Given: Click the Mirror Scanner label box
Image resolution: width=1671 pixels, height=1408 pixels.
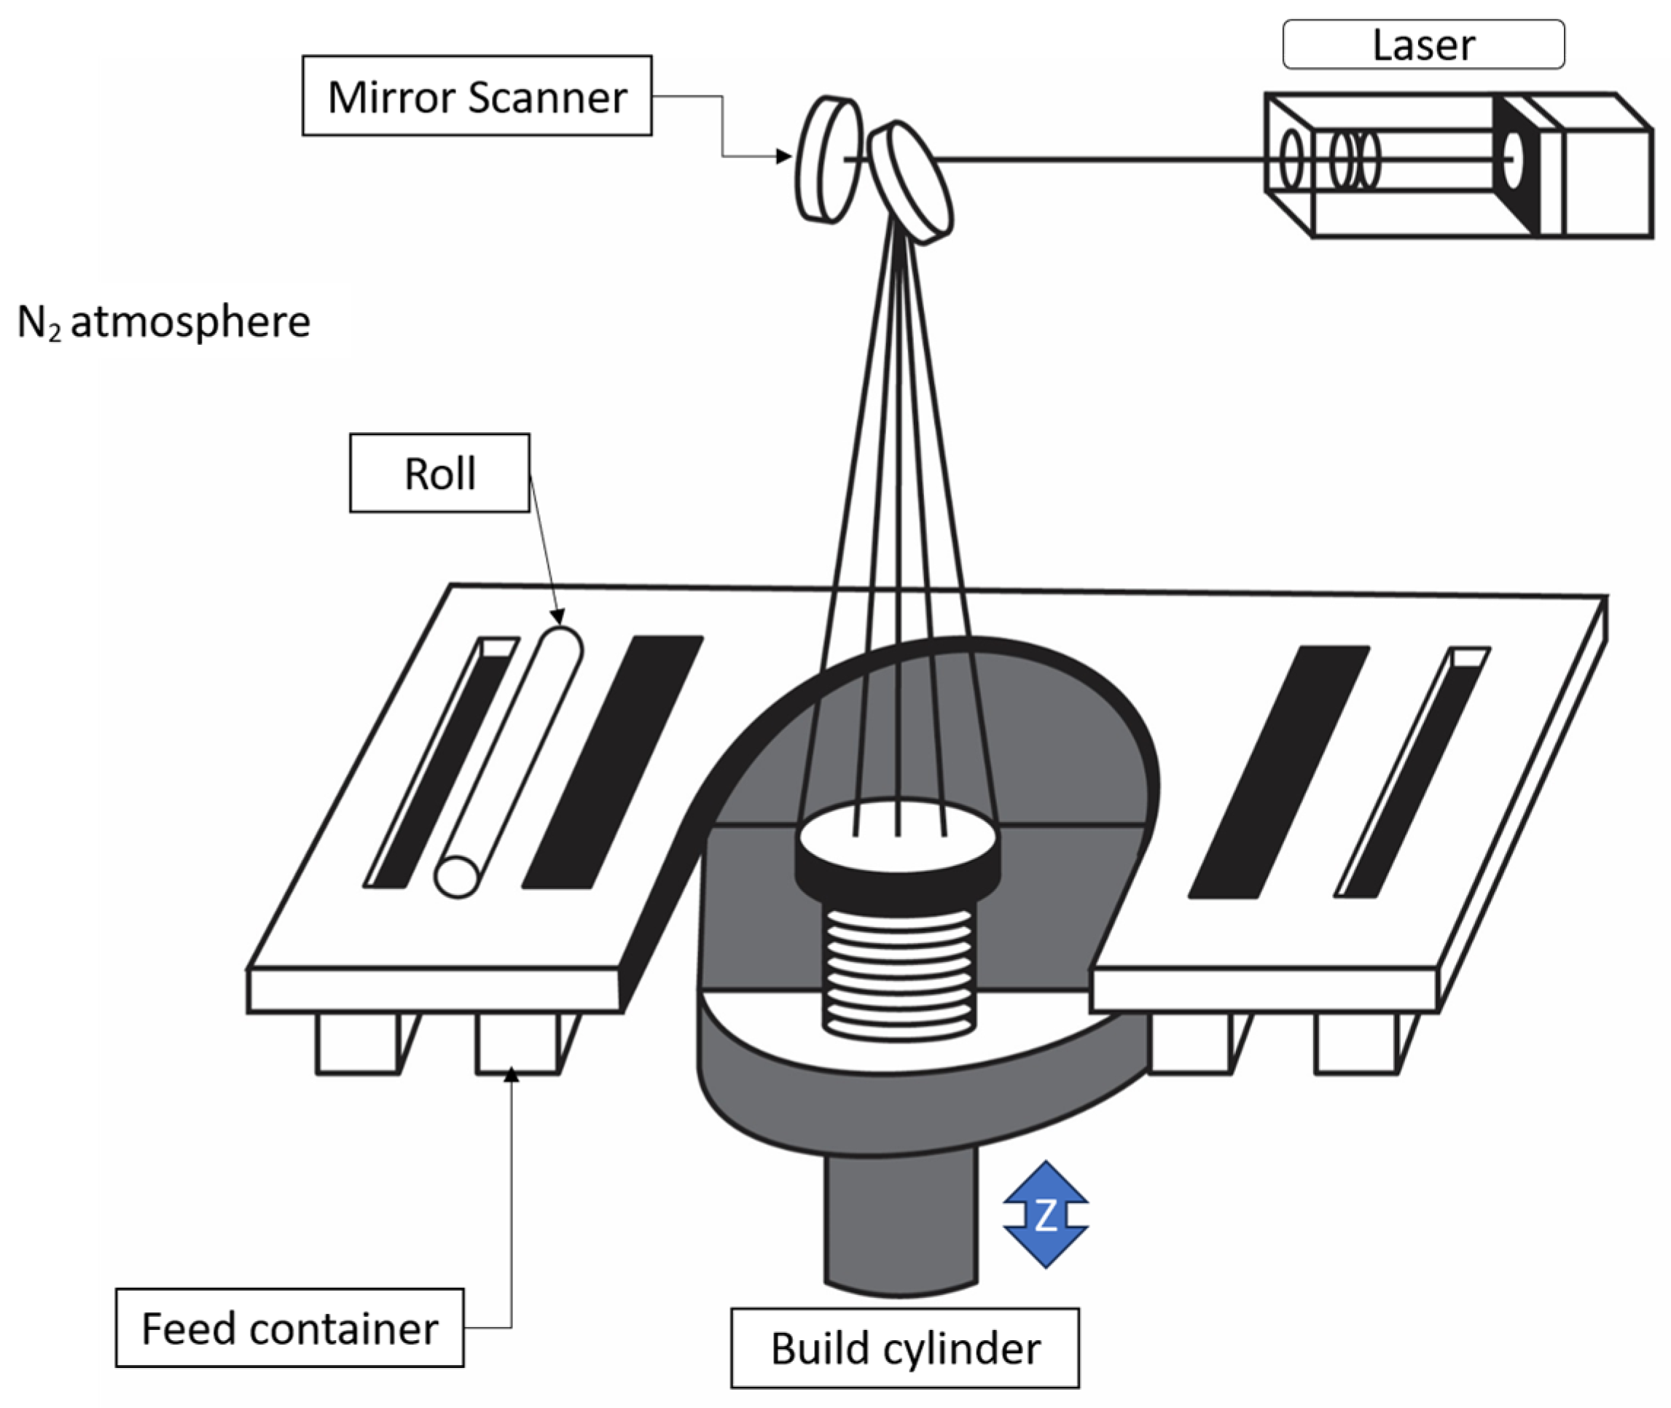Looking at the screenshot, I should pyautogui.click(x=477, y=95).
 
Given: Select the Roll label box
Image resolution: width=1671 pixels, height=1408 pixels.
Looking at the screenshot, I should pyautogui.click(x=439, y=473).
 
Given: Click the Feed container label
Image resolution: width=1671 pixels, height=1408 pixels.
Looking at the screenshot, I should pyautogui.click(x=289, y=1328).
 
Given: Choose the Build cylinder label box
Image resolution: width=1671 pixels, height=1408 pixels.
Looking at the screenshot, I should pyautogui.click(x=904, y=1348).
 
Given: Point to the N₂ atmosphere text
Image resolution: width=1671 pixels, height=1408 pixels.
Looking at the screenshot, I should pyautogui.click(x=163, y=321).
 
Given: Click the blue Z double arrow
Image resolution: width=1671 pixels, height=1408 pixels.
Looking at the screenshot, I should pyautogui.click(x=1044, y=1214).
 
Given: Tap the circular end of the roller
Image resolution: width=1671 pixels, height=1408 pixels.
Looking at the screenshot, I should pyautogui.click(x=457, y=877).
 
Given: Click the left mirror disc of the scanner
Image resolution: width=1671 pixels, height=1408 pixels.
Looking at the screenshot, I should pyautogui.click(x=829, y=160).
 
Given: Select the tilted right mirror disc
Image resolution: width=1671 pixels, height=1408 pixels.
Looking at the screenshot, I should pyautogui.click(x=910, y=182).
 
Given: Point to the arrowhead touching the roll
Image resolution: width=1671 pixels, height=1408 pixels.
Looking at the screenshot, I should pyautogui.click(x=557, y=617).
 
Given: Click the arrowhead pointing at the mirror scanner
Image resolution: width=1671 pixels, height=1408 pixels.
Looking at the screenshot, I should pyautogui.click(x=783, y=157).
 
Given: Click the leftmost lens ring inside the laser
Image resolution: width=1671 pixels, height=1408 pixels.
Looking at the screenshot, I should pyautogui.click(x=1291, y=160).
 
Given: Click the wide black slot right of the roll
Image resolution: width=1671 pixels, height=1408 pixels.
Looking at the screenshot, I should pyautogui.click(x=612, y=762).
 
